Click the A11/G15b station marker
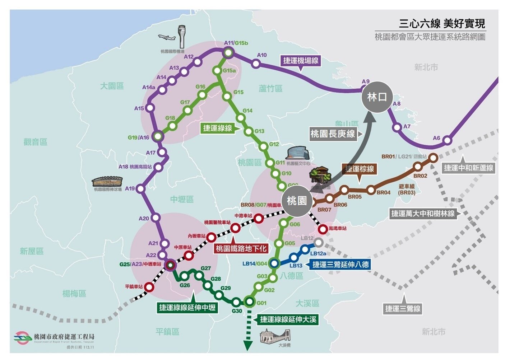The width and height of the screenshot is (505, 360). tap(228, 53)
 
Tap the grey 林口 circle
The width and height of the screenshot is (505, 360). tap(377, 97)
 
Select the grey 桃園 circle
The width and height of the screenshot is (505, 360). tap(297, 201)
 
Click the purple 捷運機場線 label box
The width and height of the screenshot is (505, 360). tap(301, 61)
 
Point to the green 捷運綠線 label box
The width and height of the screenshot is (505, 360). tap(217, 128)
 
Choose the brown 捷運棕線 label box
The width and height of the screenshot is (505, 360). tap(360, 169)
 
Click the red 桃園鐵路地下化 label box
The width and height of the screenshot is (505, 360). tap(241, 248)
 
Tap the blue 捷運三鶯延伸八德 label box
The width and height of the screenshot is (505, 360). tap(340, 265)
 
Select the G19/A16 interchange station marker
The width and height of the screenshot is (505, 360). tap(158, 136)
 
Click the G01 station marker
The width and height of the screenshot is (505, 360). tap(249, 301)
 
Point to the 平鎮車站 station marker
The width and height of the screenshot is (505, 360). tap(149, 287)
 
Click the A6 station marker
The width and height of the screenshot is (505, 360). tap(447, 140)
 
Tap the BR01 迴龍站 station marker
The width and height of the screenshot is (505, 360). tap(433, 158)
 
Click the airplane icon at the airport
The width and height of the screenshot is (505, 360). tap(167, 37)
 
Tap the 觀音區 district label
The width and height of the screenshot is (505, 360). tap(36, 142)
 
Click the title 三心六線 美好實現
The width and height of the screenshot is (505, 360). tap(442, 24)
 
